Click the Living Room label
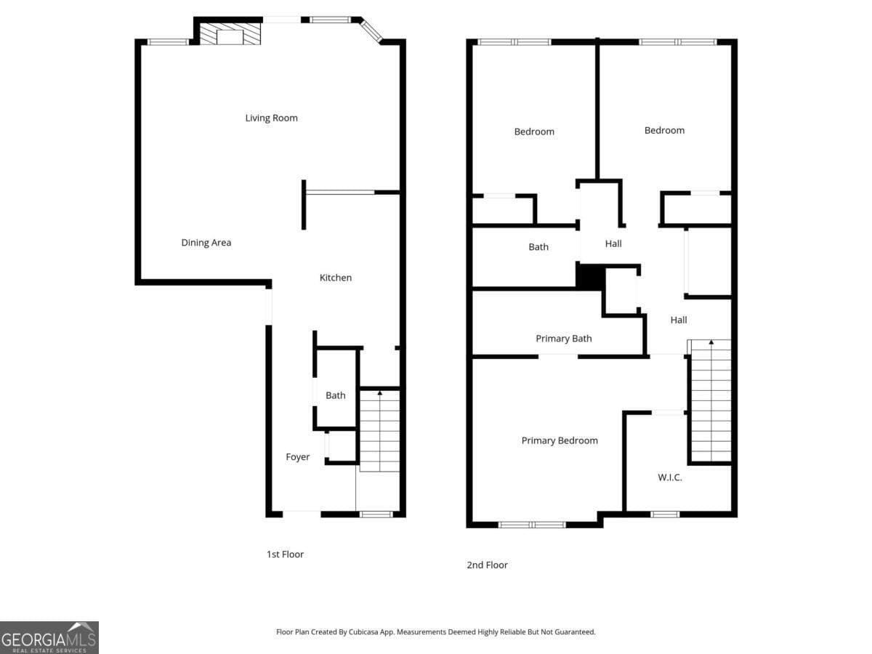coord(271,118)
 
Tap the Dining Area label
coord(206,243)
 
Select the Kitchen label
coord(336,278)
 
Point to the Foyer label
coord(297,457)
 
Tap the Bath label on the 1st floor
coord(335,395)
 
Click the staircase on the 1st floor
coord(379,430)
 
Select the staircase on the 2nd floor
coord(711,400)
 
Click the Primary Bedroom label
coord(560,441)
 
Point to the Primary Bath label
coord(564,339)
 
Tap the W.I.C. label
coord(670,477)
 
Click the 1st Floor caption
coord(285,554)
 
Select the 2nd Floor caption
coord(487,565)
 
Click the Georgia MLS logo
coord(49,638)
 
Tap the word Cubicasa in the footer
coord(363,631)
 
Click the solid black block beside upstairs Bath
coord(591,277)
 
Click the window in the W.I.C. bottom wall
coord(665,514)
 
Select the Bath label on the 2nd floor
coord(538,247)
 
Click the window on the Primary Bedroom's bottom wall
coord(532,525)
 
